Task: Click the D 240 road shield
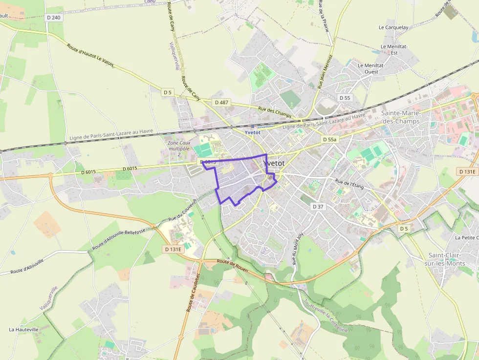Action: pos(55,17)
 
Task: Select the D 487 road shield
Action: pos(221,102)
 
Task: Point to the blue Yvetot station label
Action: pos(253,132)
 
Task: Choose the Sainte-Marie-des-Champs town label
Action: pos(400,117)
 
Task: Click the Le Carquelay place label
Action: pos(393,27)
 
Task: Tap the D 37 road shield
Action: pos(318,207)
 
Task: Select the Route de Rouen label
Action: pos(233,265)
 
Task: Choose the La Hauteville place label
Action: pos(23,330)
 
